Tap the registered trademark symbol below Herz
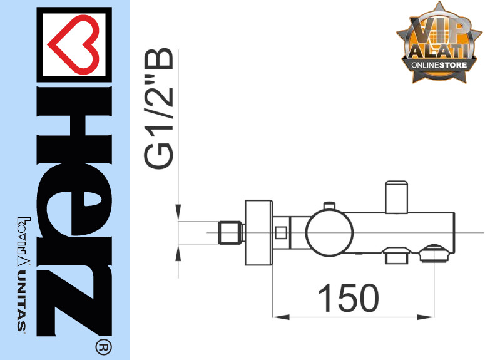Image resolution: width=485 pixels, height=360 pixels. click(103, 347)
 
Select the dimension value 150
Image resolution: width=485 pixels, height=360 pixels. click(349, 298)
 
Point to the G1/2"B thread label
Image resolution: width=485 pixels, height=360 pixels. click(159, 108)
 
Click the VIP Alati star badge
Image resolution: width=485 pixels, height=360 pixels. click(439, 43)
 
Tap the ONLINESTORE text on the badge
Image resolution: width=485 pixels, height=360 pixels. click(439, 65)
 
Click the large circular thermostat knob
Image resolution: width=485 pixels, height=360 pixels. click(329, 233)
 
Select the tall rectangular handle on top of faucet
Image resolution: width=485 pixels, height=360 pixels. click(396, 197)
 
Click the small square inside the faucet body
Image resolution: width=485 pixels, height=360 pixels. click(281, 232)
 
